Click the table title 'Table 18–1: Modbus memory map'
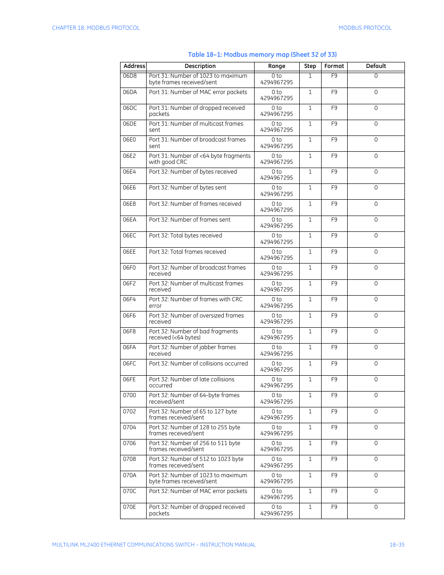pos(262,54)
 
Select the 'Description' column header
pos(200,66)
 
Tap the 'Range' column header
pos(276,66)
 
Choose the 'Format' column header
pos(334,66)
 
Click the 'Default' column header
pos(376,66)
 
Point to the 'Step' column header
pos(310,66)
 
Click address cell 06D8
pos(130,76)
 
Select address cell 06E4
pos(129,172)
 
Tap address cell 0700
pos(129,395)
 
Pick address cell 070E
pos(129,507)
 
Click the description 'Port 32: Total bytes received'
pos(185,236)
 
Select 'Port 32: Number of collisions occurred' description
pos(198,364)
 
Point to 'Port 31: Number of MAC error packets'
pos(198,92)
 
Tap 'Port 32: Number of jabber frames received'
pos(192,351)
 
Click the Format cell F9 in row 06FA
pos(334,347)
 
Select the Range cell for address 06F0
pos(276,271)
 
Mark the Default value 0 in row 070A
pos(376,475)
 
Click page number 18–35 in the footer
pos(397,545)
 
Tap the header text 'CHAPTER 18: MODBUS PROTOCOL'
pos(96,28)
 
